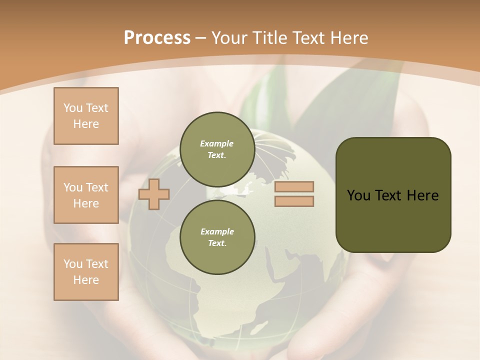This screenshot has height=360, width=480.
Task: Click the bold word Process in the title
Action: point(157,38)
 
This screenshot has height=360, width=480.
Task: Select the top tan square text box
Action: point(86,116)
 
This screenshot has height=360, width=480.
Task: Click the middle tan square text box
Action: point(86,195)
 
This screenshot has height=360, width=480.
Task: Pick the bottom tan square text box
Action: point(86,272)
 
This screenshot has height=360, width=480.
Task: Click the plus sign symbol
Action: point(154,194)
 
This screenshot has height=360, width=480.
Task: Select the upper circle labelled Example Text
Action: point(217,149)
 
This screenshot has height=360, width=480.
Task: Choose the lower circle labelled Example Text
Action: point(217,237)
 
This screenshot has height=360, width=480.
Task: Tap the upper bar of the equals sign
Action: point(294,187)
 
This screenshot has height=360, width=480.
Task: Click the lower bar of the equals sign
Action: point(294,201)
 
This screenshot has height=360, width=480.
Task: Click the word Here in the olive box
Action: point(422,195)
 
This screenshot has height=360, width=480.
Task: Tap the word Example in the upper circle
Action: point(217,143)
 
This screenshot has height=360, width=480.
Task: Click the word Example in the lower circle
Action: point(217,231)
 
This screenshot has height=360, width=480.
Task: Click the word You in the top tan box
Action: point(72,108)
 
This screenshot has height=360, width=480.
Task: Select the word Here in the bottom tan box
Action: point(86,280)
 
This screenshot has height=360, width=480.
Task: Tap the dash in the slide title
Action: point(201,38)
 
